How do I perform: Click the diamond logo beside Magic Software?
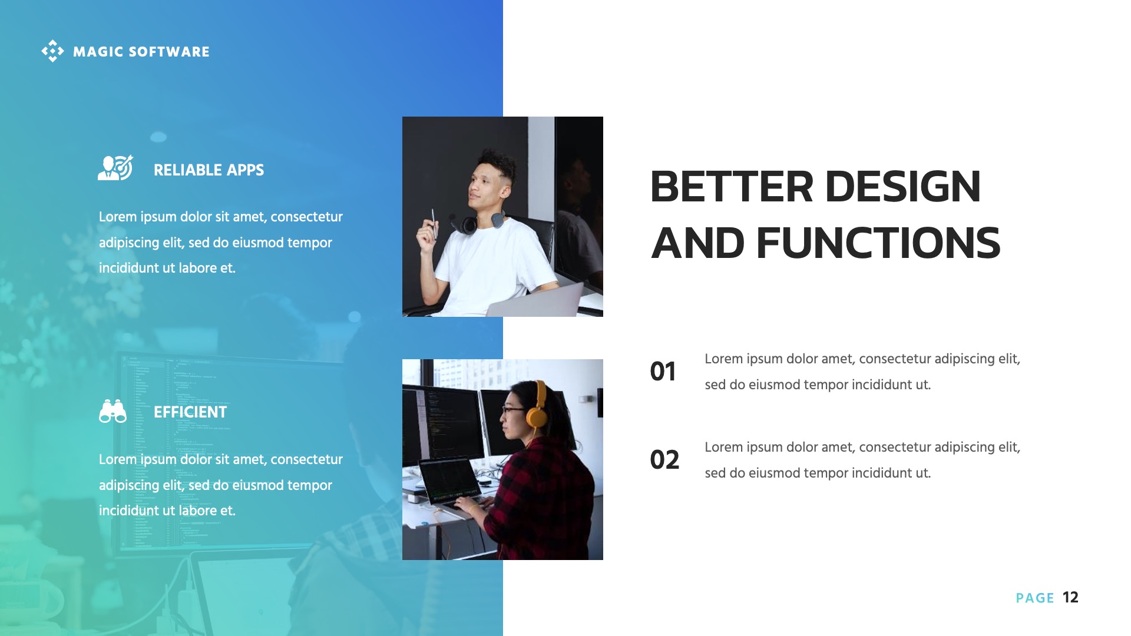click(52, 51)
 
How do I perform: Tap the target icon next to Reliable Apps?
click(115, 168)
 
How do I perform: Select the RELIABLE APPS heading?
click(209, 170)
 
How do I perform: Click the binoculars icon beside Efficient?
click(113, 412)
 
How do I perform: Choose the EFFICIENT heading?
click(190, 412)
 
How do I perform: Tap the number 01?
click(663, 372)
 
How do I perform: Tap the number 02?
click(664, 460)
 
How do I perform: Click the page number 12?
click(1070, 598)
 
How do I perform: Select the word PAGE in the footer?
click(1034, 598)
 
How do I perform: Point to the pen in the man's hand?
click(434, 224)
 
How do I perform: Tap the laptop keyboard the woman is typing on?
click(465, 503)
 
